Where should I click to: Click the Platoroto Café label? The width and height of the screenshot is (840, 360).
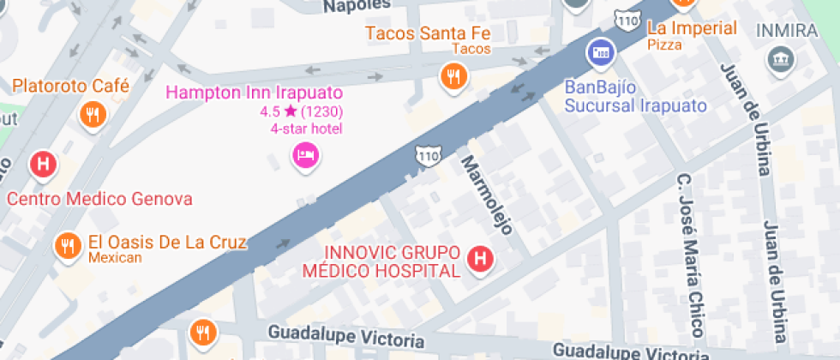tap(70, 87)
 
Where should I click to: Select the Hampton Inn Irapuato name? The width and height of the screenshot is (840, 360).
tap(255, 93)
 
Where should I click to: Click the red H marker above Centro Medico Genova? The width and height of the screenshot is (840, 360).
tap(43, 163)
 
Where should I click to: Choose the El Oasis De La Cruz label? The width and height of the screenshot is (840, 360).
tap(167, 243)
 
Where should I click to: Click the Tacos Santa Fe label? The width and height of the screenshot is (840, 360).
tap(427, 33)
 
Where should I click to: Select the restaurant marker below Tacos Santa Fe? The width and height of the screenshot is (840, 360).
tap(453, 78)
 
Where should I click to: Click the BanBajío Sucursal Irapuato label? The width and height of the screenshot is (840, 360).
tap(635, 95)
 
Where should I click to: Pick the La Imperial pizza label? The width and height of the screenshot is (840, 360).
tap(692, 28)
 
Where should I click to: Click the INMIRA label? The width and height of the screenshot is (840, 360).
tap(786, 31)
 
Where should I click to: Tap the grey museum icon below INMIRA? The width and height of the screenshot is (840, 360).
tap(782, 59)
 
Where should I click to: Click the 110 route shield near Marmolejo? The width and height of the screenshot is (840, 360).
tap(428, 155)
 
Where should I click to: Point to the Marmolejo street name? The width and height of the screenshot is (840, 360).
tap(487, 195)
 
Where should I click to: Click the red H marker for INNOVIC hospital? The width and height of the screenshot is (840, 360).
tap(481, 257)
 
